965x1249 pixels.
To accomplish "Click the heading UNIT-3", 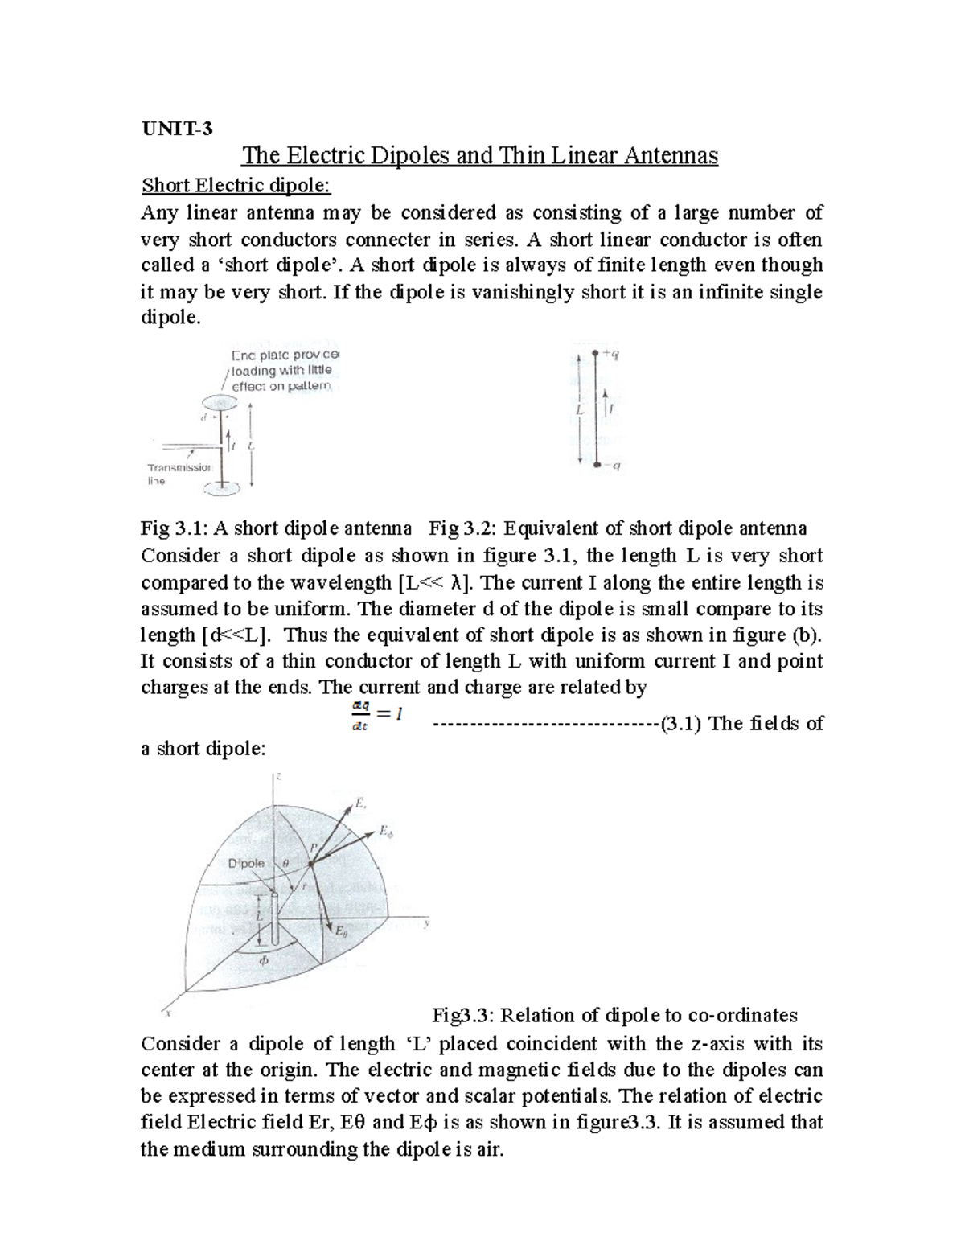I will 176,129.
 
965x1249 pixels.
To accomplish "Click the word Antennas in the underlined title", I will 661,155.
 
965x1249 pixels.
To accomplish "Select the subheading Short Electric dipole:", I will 236,186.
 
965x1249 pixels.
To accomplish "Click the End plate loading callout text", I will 282,371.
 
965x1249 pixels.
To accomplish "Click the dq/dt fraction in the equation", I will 359,717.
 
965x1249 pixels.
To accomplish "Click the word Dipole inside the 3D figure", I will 246,863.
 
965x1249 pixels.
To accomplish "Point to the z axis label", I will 277,778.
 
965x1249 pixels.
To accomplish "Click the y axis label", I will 427,924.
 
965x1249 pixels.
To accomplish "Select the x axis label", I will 166,1014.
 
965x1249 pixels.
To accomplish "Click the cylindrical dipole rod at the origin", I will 275,918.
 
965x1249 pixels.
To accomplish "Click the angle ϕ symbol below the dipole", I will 262,961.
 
